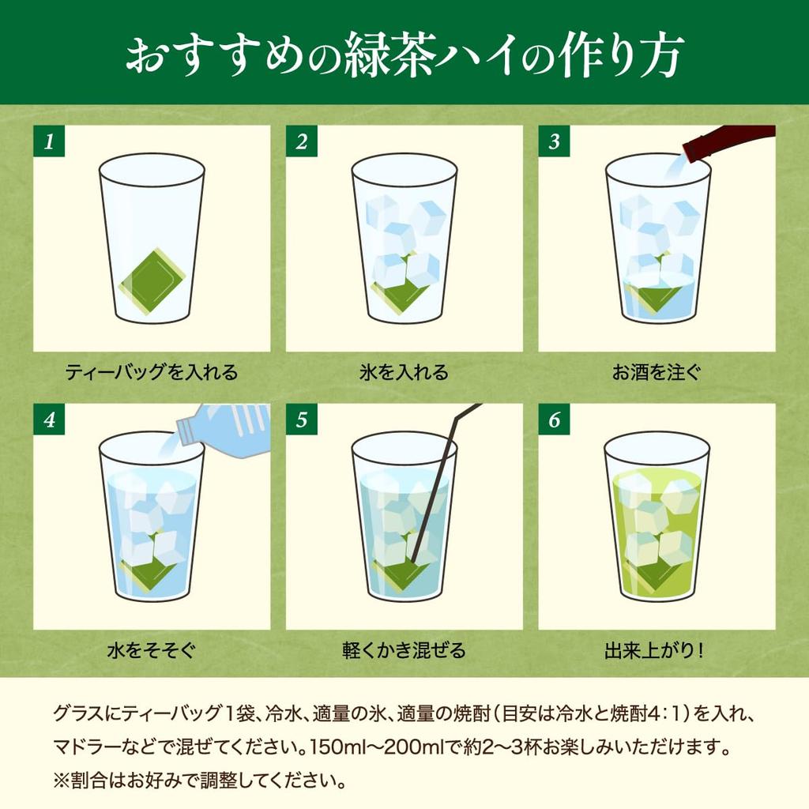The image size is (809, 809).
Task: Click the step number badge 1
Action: point(49,141)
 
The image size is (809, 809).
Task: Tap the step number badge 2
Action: point(302,141)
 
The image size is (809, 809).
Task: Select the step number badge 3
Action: point(554,141)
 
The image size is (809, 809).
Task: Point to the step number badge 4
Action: point(49,420)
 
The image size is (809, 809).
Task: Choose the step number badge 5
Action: point(302,420)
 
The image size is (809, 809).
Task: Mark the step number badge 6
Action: point(554,420)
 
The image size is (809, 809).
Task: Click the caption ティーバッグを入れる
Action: point(151,371)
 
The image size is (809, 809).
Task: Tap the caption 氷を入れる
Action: point(404,371)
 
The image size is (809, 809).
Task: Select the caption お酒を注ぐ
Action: point(656,371)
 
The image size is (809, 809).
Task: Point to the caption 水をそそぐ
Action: point(151,651)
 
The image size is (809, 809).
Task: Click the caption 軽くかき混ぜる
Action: point(404,651)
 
